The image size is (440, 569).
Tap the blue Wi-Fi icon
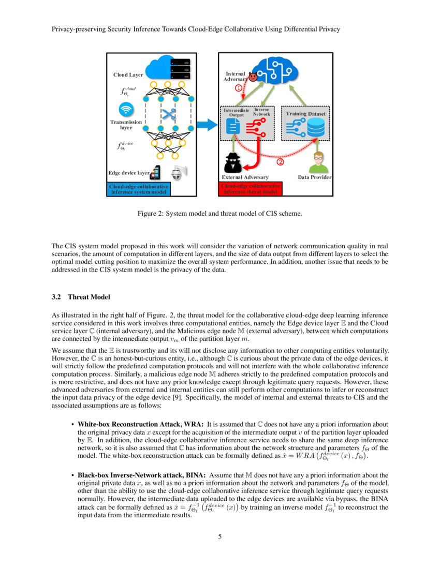point(126,110)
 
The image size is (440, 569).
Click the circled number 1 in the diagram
point(239,88)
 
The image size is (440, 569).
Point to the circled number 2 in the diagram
point(281,161)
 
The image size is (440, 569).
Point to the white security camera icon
point(178,173)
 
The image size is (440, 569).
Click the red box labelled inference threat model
point(251,189)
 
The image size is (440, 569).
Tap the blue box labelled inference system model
point(139,189)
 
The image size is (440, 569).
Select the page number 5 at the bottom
point(220,536)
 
